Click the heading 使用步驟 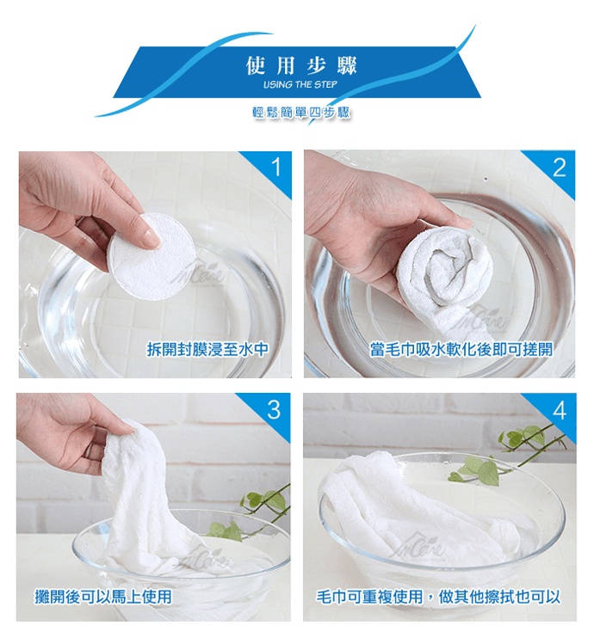click(301, 65)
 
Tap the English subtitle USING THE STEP click(300, 84)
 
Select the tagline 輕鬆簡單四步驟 click(301, 113)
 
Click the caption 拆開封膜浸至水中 click(207, 349)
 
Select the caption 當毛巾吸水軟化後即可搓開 click(461, 349)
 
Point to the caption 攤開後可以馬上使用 click(103, 597)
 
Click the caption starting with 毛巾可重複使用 click(438, 597)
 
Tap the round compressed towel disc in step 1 click(152, 256)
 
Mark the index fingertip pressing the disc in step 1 click(152, 240)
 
